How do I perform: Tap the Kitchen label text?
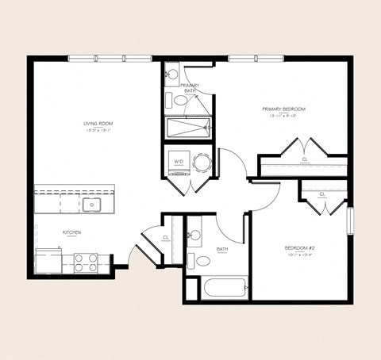(x=72, y=232)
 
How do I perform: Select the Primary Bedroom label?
(x=283, y=109)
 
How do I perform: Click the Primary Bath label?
(x=190, y=88)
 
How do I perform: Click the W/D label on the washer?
(x=178, y=162)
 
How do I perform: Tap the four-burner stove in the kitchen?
(x=85, y=262)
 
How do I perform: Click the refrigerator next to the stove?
(x=48, y=260)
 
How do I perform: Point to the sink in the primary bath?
(x=172, y=75)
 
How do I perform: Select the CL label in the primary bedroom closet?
(x=305, y=159)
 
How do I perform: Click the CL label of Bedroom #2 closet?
(x=321, y=194)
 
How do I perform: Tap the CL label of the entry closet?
(x=166, y=237)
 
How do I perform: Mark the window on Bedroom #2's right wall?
(x=349, y=220)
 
